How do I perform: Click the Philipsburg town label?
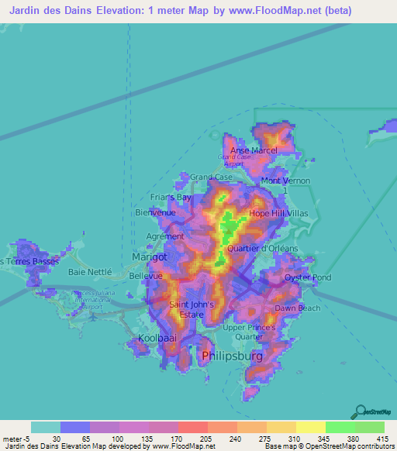point(232,356)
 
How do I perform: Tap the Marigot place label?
point(150,256)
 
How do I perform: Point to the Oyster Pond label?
point(285,277)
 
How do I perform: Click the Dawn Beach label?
point(297,308)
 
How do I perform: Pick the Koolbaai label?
point(157,339)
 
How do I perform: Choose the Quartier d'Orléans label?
point(264,248)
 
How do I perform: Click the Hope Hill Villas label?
point(279,213)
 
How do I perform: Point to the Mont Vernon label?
point(285,181)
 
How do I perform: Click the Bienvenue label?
point(156,212)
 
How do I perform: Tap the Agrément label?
point(165,236)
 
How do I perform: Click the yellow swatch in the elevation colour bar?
point(310,427)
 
